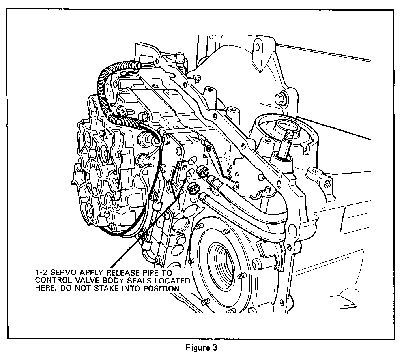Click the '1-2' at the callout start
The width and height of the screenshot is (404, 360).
41,273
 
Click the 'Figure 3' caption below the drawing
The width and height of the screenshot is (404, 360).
202,348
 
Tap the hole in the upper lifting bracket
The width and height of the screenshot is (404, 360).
257,47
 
